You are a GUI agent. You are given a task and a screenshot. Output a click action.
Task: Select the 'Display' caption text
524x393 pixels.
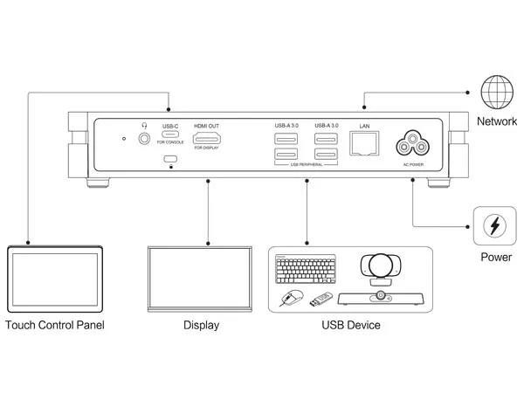(201, 326)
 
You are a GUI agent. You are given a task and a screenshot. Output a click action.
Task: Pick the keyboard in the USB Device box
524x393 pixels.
(306, 271)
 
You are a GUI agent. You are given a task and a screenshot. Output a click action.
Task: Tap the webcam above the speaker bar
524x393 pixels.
(382, 270)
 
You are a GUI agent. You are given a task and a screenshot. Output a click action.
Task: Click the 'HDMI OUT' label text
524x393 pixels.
(207, 126)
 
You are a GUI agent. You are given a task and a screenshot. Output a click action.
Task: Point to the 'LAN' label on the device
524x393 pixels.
(364, 126)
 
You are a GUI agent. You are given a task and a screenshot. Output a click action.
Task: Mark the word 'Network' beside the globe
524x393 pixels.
(498, 121)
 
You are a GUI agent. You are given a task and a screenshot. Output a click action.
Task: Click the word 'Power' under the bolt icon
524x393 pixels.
(495, 259)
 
